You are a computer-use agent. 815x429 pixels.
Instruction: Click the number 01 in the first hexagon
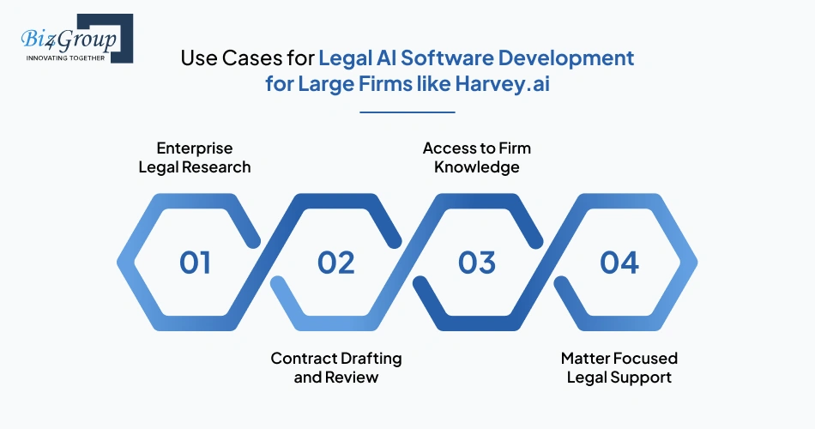pyautogui.click(x=195, y=263)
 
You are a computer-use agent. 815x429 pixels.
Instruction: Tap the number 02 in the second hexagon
pyautogui.click(x=335, y=263)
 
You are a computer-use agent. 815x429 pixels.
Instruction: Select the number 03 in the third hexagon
pyautogui.click(x=477, y=263)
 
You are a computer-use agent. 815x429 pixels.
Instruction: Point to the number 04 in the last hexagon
pyautogui.click(x=619, y=263)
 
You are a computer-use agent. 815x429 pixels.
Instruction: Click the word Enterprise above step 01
pyautogui.click(x=195, y=148)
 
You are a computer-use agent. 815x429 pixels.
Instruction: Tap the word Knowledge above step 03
pyautogui.click(x=477, y=166)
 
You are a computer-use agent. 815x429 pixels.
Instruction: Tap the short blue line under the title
pyautogui.click(x=407, y=112)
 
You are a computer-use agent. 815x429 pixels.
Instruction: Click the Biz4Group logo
pyautogui.click(x=72, y=39)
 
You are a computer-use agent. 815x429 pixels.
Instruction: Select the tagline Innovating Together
pyautogui.click(x=66, y=57)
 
